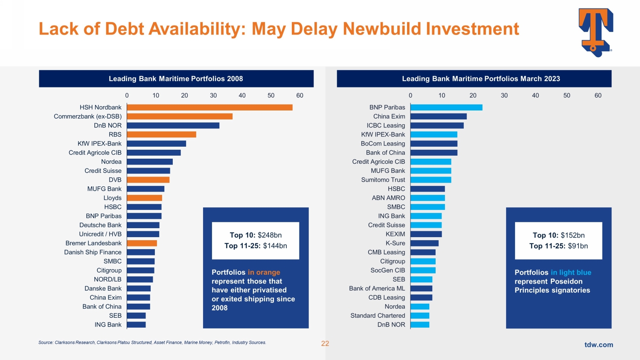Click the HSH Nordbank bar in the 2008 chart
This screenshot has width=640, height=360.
209,107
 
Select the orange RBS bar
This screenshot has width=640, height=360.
161,134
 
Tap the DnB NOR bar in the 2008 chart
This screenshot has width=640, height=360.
173,125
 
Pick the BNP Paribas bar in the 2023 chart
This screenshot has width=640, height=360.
446,107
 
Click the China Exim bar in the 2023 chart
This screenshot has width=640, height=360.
439,116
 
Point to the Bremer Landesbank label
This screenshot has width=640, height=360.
93,243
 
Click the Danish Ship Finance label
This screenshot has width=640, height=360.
93,252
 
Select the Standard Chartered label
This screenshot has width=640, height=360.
378,316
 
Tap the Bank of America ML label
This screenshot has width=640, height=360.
377,288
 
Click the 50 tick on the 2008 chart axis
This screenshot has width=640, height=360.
271,96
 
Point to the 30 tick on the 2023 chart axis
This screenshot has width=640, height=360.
504,96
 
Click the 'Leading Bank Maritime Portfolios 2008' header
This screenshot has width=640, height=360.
176,79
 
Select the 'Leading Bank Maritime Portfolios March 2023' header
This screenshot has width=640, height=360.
481,79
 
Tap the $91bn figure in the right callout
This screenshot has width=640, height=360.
578,246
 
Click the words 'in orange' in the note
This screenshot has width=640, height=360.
264,272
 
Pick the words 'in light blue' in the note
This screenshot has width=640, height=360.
571,273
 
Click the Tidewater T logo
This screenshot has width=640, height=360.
596,32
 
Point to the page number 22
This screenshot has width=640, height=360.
325,344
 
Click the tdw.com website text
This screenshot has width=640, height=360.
599,345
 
